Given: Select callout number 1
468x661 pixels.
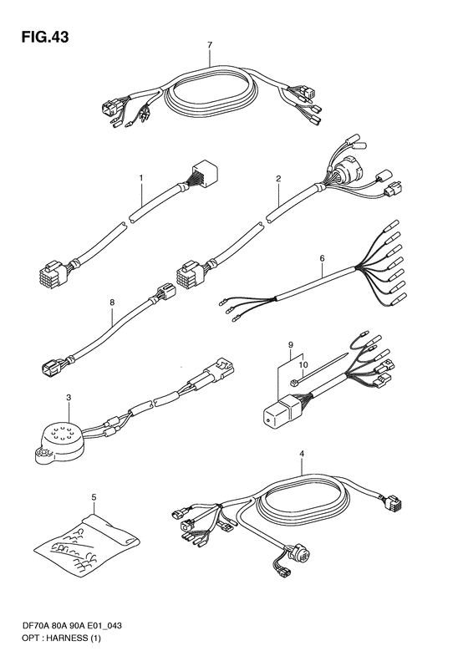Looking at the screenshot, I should point(141,178).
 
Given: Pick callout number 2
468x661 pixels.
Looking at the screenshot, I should point(277,178).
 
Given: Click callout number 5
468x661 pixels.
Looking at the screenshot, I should point(94,498).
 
